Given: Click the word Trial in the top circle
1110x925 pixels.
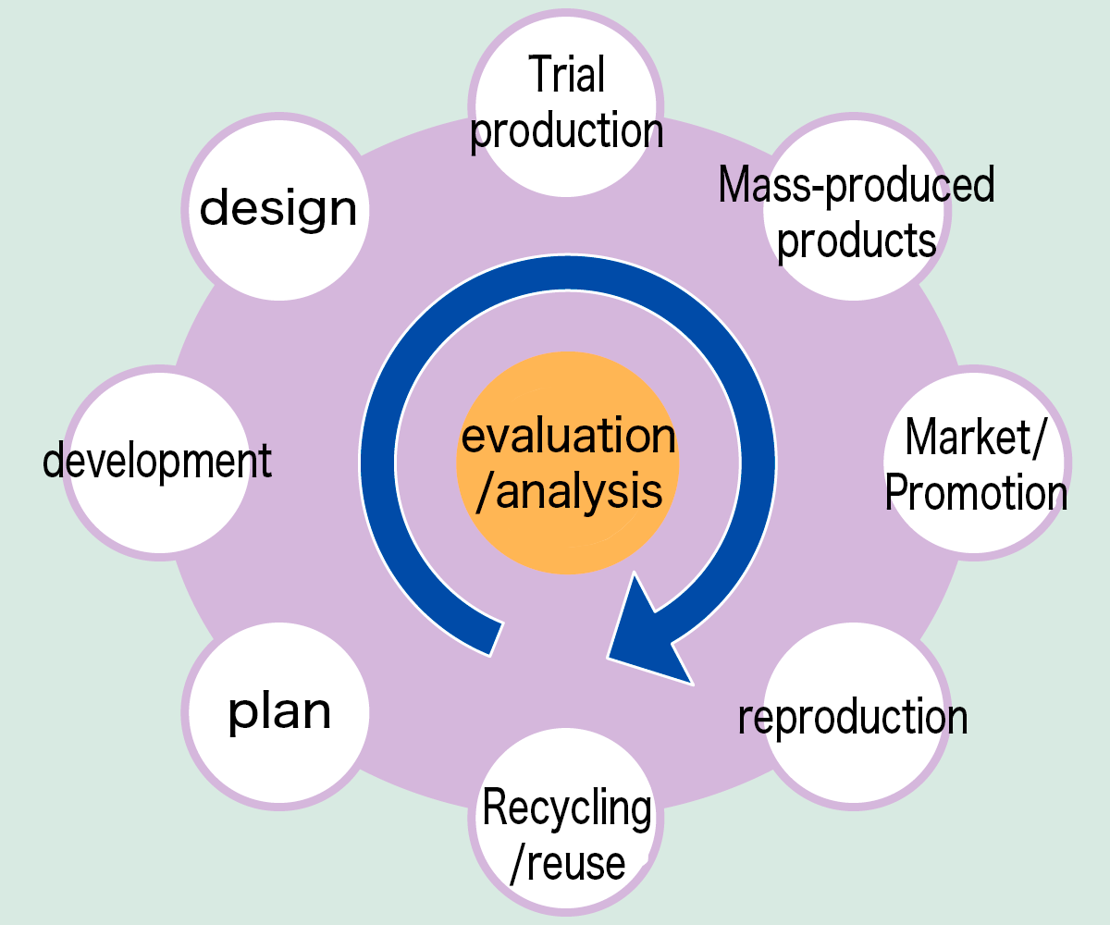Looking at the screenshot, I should coord(567,76).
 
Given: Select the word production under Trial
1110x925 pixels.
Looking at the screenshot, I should coord(567,131).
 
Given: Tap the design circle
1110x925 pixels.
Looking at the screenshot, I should coord(278,209).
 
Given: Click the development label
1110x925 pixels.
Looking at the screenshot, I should coord(158,461).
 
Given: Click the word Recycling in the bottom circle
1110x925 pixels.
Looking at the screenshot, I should coord(567,808).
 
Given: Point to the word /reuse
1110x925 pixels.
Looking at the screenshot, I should coord(567,862).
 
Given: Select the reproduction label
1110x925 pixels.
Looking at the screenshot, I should coord(853,718).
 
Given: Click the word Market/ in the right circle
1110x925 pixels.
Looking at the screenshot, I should coord(975,437).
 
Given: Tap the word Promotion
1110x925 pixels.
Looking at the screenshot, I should coord(977,492).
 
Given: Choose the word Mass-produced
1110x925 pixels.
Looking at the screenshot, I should coord(857,185).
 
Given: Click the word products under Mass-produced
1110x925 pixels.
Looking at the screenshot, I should coord(857,240).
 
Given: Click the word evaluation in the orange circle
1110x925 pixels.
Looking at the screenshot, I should coord(568,437).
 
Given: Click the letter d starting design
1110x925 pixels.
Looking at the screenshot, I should coord(214,207).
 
